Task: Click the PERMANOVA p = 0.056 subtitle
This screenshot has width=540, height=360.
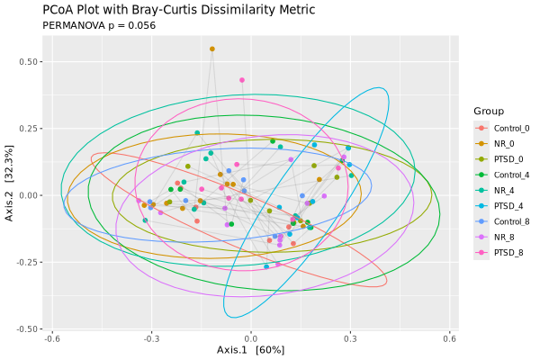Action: [x=99, y=25]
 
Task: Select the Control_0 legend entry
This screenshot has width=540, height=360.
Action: [x=502, y=128]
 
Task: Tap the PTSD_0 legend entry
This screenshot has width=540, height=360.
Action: [x=499, y=159]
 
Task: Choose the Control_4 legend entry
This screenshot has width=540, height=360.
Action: [x=502, y=175]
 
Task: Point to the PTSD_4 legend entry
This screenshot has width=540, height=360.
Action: [x=499, y=206]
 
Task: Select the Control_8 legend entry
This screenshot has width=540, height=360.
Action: [x=502, y=221]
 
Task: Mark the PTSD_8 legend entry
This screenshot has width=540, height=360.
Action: [x=499, y=253]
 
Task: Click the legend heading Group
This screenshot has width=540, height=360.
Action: [x=489, y=112]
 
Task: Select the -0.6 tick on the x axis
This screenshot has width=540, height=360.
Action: [x=52, y=338]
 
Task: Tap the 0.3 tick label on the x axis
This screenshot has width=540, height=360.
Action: [x=350, y=338]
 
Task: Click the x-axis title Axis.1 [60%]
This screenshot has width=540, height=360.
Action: [x=251, y=350]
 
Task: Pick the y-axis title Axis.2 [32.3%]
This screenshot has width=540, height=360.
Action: [x=9, y=184]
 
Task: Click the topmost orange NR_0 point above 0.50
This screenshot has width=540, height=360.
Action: [x=212, y=49]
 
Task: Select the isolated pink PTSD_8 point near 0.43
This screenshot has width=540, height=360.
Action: [x=242, y=80]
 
